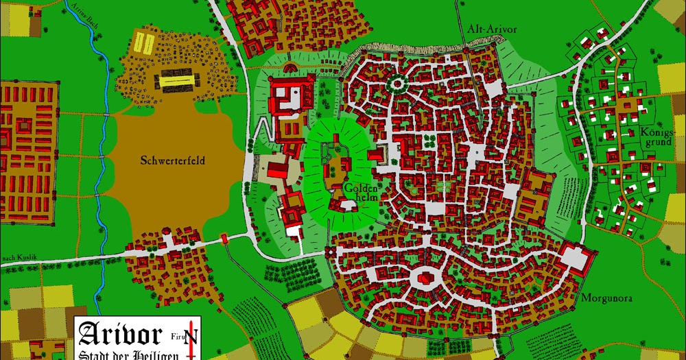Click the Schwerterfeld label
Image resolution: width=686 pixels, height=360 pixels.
173,162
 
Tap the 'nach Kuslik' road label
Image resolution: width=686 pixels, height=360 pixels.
19,258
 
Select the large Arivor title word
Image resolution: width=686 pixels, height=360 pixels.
121,334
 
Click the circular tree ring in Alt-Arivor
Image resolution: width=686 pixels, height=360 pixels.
396,84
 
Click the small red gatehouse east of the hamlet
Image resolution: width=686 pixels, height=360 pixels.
224,239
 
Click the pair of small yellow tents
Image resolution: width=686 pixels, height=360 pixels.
143,43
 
